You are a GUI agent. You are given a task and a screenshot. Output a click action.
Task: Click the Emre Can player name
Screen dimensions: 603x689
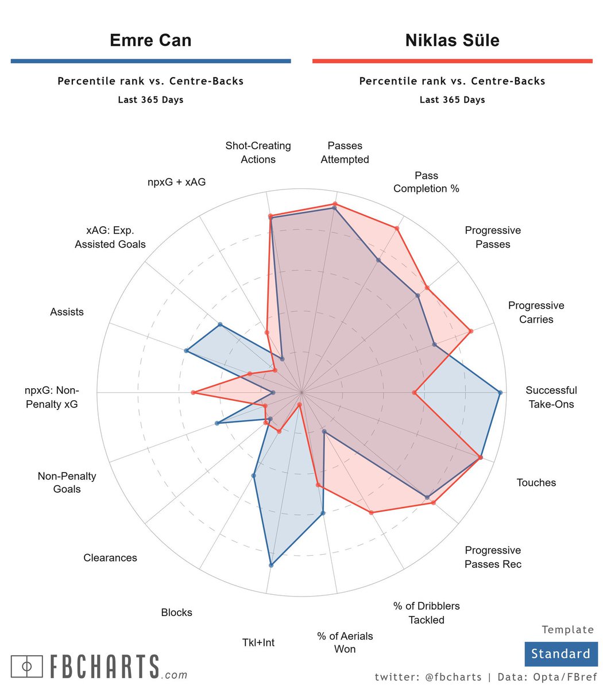click(x=150, y=40)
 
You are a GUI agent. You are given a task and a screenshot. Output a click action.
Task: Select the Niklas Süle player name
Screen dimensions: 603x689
click(x=452, y=40)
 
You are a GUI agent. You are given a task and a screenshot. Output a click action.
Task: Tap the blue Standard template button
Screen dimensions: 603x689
click(x=561, y=654)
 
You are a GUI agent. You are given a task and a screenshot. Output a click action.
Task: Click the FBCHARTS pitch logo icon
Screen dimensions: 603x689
click(x=27, y=666)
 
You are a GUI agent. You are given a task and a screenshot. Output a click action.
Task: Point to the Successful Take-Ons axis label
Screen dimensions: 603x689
click(x=551, y=397)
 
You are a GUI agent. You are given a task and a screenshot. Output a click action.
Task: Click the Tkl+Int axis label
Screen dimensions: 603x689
click(x=258, y=642)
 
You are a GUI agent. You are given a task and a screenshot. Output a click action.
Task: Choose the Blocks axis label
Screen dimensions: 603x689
click(x=176, y=612)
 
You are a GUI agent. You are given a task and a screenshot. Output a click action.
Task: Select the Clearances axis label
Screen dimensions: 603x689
click(x=110, y=558)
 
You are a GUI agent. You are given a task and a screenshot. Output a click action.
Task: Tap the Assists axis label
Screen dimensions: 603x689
click(x=67, y=312)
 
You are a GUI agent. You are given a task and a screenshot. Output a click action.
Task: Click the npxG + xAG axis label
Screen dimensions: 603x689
click(x=176, y=182)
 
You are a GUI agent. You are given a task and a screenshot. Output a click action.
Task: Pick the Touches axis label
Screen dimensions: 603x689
click(x=536, y=482)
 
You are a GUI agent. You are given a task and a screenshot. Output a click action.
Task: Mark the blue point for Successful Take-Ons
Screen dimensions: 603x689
click(x=500, y=393)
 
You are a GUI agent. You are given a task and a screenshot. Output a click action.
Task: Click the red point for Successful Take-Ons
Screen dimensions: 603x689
click(x=414, y=393)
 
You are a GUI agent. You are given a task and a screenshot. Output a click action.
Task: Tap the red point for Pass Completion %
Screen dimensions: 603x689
click(x=397, y=229)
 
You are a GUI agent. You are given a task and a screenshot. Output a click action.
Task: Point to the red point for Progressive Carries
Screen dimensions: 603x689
click(x=470, y=331)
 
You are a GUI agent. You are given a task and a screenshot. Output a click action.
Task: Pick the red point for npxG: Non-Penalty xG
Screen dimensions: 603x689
click(x=193, y=393)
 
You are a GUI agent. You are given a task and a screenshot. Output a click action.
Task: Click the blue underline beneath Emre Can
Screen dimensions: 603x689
click(x=150, y=61)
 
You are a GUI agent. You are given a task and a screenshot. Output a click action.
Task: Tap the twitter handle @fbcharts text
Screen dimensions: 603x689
click(x=454, y=677)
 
